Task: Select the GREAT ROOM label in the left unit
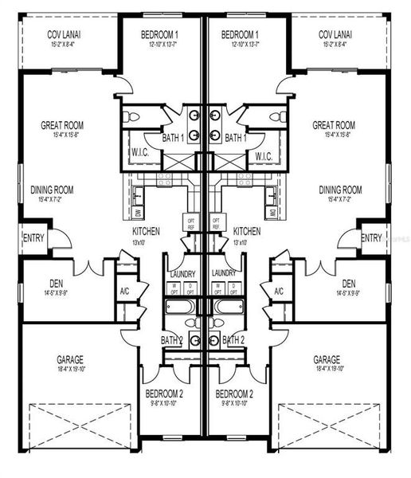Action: coord(62,125)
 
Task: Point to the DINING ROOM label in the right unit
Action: coord(340,190)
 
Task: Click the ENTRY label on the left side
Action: coord(33,237)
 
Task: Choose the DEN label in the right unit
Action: coord(349,283)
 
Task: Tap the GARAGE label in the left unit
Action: coord(71,359)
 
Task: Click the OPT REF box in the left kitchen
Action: coord(190,222)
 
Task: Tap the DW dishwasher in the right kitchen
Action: coord(272,214)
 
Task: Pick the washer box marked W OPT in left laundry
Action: coord(175,288)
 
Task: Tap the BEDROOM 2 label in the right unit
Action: coord(235,394)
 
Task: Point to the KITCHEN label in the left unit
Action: coord(146,232)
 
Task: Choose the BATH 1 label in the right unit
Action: coord(237,139)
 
